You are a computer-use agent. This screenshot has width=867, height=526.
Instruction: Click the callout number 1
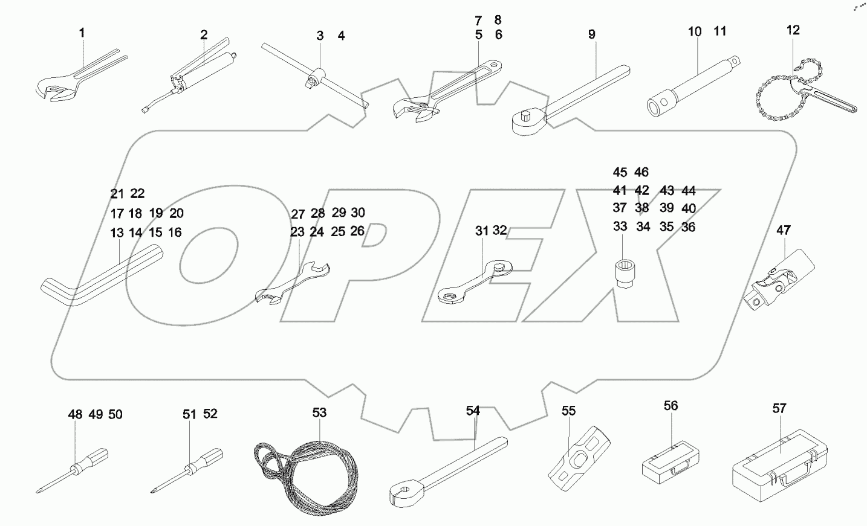(82, 33)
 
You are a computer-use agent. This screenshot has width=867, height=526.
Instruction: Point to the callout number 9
(591, 34)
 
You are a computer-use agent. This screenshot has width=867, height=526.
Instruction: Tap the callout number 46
(641, 172)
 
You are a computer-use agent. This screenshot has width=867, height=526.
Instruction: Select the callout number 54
(473, 411)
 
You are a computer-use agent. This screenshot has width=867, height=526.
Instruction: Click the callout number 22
(137, 194)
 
